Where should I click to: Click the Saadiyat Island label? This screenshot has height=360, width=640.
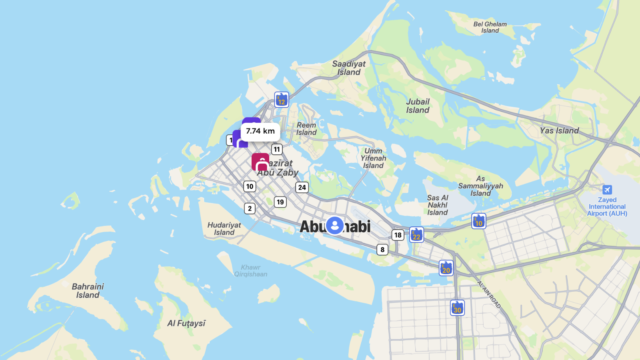(x=349, y=68)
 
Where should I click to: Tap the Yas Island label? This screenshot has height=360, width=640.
(x=559, y=130)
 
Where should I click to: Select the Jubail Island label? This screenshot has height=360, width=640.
(x=418, y=106)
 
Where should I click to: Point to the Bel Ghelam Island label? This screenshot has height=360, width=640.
(x=490, y=27)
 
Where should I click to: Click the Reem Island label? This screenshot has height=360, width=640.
(x=306, y=129)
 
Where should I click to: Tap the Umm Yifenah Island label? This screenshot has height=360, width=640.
(x=373, y=158)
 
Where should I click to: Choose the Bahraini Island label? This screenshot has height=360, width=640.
(x=88, y=291)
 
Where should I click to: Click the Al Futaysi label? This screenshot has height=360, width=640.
(x=186, y=323)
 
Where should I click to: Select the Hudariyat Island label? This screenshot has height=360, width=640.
(x=224, y=228)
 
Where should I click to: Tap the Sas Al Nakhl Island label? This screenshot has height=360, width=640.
(x=438, y=205)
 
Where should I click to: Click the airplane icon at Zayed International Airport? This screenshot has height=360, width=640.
(x=607, y=190)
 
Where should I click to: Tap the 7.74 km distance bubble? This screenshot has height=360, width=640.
(x=260, y=131)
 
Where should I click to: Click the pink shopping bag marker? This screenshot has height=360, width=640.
(x=260, y=162)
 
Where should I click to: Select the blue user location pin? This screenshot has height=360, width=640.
(x=335, y=225)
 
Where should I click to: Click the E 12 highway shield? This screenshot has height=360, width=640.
(x=282, y=100)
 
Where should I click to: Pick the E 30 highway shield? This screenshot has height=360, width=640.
(x=457, y=308)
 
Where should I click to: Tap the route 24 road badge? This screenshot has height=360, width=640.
(x=302, y=187)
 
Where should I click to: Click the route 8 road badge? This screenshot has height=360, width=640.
(x=382, y=250)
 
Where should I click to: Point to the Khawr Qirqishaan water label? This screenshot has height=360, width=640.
(x=251, y=271)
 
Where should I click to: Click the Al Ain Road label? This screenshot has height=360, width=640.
(x=489, y=294)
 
